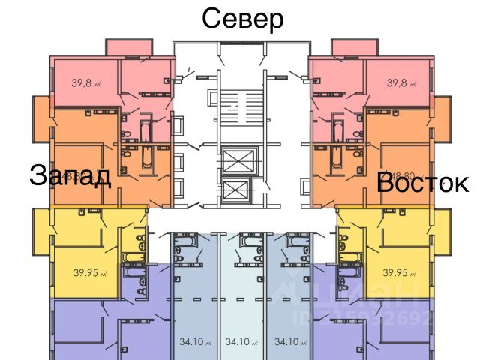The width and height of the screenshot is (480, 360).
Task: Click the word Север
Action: pyautogui.click(x=243, y=18)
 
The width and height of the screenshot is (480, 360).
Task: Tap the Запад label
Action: pyautogui.click(x=70, y=175)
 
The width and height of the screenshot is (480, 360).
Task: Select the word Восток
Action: pyautogui.click(x=422, y=182)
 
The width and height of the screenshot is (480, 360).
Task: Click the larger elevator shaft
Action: pyautogui.click(x=241, y=160)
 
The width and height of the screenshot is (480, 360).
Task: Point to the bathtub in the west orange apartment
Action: pyautogui.click(x=145, y=160)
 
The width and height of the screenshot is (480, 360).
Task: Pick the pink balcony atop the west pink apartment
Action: pyautogui.click(x=129, y=46)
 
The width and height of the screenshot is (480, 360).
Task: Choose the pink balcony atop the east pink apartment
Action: pyautogui.click(x=352, y=46)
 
